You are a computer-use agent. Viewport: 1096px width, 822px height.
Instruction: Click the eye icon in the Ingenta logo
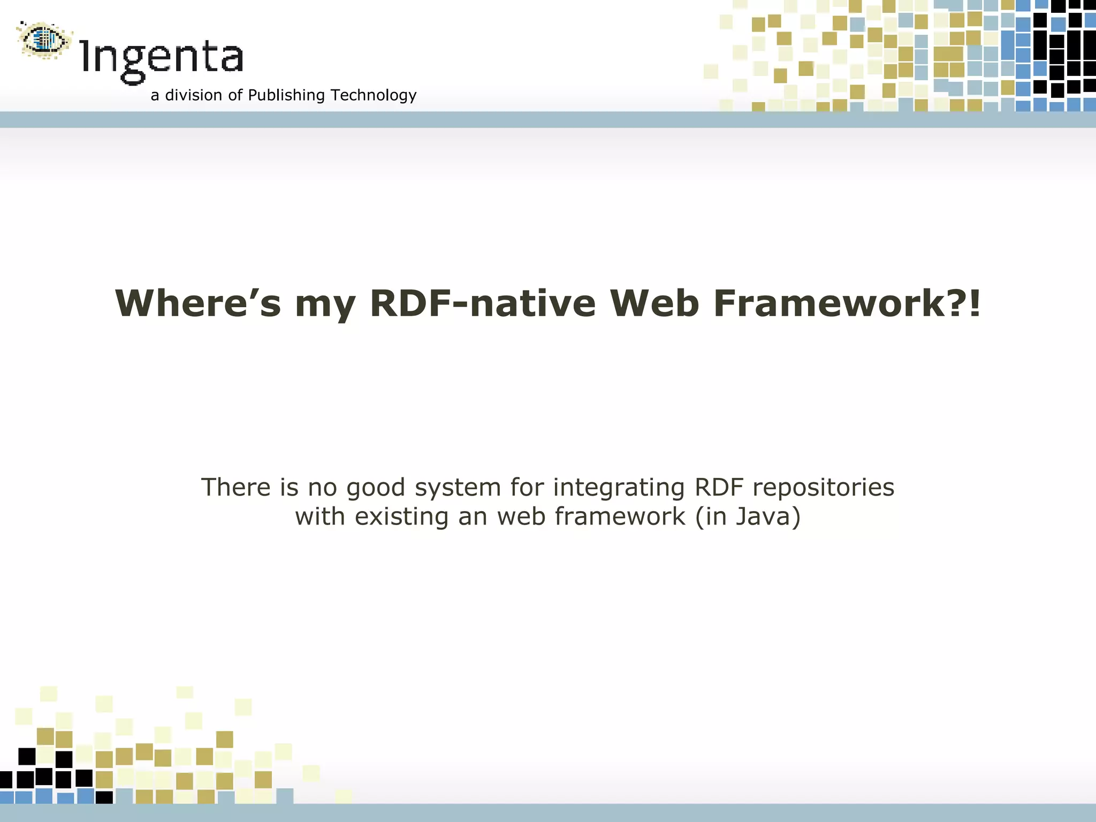[x=44, y=40]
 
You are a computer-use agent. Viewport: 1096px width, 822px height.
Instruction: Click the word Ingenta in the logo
[x=162, y=58]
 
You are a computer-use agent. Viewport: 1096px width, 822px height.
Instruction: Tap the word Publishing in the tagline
[x=286, y=95]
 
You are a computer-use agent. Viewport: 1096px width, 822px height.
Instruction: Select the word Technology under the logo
[x=374, y=95]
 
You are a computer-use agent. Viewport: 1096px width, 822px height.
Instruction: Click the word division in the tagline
[x=194, y=95]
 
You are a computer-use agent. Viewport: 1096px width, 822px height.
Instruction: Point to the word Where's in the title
[x=197, y=303]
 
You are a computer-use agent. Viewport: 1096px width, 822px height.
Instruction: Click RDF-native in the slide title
[x=482, y=303]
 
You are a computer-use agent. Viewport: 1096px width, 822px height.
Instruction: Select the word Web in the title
[x=654, y=303]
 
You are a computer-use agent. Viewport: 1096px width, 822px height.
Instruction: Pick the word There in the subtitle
[x=235, y=488]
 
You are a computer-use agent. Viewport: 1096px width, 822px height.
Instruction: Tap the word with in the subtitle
[x=320, y=517]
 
